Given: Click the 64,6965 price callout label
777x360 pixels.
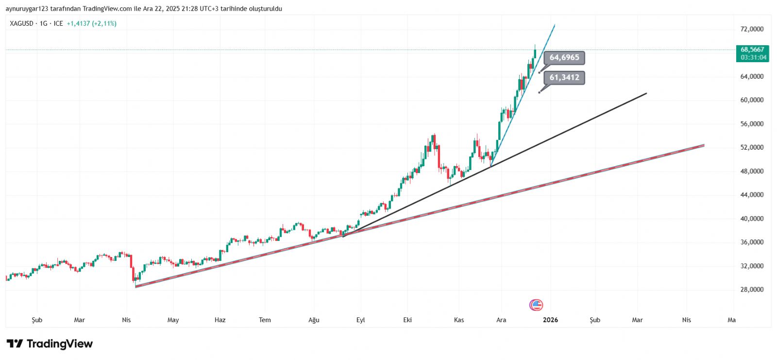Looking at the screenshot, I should (x=564, y=58).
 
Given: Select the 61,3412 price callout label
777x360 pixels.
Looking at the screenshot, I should (x=564, y=77).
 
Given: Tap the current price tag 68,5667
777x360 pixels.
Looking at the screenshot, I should (x=752, y=50).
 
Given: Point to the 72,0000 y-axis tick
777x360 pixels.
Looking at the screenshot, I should (x=752, y=29).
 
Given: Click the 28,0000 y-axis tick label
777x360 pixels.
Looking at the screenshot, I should (x=752, y=290).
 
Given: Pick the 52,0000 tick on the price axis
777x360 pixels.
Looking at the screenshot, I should (x=752, y=148).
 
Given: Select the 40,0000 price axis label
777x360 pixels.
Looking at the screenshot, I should (x=752, y=219).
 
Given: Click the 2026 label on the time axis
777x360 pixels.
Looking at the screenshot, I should (x=550, y=320).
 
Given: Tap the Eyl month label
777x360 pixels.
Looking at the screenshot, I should (x=360, y=320).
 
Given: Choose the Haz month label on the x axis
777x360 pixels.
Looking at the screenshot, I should (x=220, y=320).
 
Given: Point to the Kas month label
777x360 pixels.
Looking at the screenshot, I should (x=459, y=320).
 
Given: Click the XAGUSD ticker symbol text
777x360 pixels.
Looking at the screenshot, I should (x=21, y=23).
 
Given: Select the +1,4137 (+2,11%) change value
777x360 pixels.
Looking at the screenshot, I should (x=91, y=23).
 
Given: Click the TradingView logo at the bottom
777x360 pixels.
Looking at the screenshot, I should (x=50, y=344).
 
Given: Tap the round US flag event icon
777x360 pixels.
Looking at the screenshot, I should (x=536, y=305).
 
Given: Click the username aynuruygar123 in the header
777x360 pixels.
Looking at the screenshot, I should (x=27, y=9).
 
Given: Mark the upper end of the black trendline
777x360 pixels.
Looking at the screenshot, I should (x=646, y=93).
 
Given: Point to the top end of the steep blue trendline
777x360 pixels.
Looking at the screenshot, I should (x=555, y=25).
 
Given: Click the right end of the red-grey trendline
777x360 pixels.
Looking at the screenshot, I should (x=704, y=145).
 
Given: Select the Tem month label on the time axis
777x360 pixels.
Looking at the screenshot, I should (x=265, y=320).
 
